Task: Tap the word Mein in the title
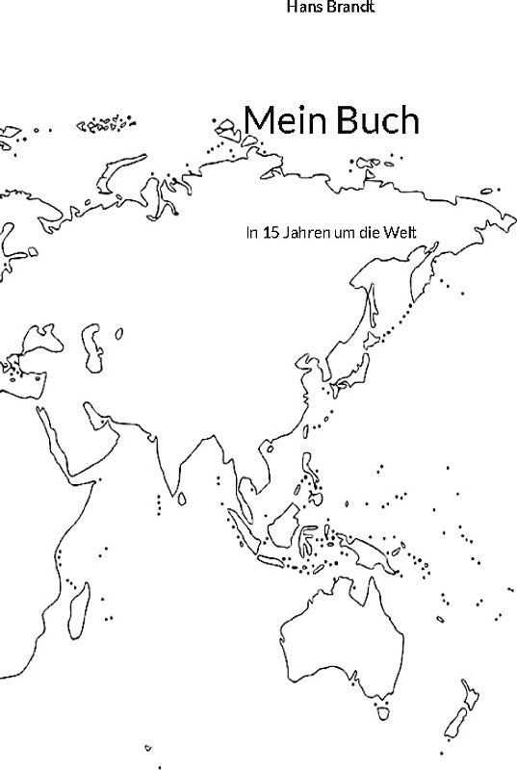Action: tap(281, 120)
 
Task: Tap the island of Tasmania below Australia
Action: tap(381, 713)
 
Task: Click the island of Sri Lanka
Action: tap(182, 498)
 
